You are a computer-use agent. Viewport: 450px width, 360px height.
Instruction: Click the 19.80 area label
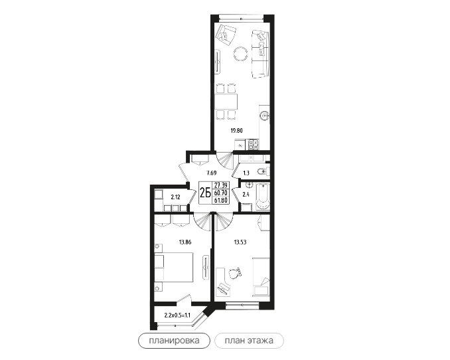236,131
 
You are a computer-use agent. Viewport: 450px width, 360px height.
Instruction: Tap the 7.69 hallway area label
211,173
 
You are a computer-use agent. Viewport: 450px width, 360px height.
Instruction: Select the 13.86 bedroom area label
185,242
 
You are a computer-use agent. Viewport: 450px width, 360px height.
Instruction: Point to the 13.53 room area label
240,242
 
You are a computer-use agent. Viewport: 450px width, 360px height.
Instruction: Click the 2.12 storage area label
175,197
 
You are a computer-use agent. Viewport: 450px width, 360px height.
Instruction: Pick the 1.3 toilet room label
246,173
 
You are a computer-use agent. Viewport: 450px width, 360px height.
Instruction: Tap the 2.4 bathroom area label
246,195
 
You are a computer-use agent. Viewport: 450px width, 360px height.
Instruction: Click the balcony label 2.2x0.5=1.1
177,315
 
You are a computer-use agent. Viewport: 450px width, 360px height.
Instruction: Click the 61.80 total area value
221,200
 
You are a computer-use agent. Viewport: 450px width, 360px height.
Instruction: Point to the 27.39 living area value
221,185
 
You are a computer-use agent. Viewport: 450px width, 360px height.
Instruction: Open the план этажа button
249,341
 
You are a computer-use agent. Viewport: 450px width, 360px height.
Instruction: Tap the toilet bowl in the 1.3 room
262,171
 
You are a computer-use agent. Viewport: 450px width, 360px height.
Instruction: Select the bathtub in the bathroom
263,197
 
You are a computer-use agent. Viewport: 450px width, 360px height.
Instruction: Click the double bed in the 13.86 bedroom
174,267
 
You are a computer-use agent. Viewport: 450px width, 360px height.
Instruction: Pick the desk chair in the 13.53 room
236,273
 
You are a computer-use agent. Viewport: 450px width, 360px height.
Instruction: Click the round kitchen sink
264,116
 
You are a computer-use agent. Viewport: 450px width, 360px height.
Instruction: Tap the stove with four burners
254,144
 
